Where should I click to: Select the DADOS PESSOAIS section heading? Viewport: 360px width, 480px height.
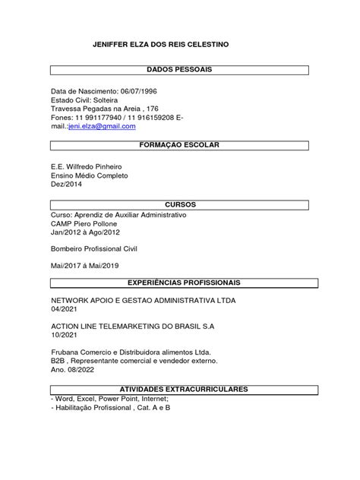(179, 70)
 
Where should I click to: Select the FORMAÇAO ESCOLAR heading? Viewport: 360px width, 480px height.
(179, 144)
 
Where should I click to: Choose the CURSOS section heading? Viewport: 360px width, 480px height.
(179, 205)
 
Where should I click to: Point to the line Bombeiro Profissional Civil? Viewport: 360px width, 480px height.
(99, 248)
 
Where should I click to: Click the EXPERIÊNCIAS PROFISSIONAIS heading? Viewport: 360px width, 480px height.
(179, 283)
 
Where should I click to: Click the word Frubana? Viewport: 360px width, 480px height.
(65, 353)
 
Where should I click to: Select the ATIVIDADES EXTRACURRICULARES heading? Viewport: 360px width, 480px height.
(179, 389)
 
